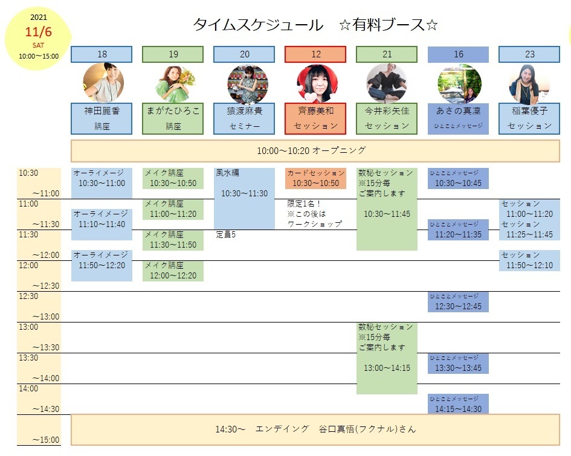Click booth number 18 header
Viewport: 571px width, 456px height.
(102, 54)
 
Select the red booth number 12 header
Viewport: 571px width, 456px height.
(315, 54)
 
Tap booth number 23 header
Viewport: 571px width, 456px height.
(529, 54)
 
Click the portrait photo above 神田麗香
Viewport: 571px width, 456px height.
(103, 83)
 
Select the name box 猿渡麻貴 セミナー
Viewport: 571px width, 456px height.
(244, 118)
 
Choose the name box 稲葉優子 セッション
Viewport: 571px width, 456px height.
(529, 118)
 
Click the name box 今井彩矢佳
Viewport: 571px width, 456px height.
(387, 118)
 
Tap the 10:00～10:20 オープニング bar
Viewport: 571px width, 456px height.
(315, 150)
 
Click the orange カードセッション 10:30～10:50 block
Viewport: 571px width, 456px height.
(315, 178)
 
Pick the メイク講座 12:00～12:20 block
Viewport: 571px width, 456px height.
(173, 271)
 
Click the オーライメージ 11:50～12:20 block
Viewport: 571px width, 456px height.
(102, 265)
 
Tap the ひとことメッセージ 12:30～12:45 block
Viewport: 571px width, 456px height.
(458, 301)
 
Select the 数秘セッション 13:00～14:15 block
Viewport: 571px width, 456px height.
(387, 358)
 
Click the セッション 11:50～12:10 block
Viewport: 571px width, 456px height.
(529, 260)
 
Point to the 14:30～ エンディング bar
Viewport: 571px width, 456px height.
(315, 429)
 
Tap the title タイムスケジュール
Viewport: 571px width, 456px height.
(258, 25)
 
